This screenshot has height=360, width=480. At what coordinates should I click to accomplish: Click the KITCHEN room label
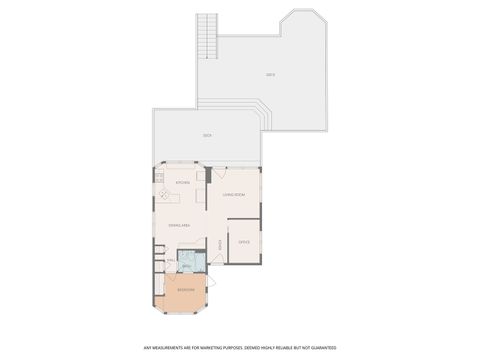183,183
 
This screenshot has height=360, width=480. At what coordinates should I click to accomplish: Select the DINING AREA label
181,227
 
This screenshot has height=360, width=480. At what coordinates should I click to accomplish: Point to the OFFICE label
244,242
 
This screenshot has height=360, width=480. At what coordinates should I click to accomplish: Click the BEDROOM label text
186,291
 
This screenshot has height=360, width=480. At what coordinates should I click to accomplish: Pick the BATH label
185,263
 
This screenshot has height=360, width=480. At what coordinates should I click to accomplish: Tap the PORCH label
220,245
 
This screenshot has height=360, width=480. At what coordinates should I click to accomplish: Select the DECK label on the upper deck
270,76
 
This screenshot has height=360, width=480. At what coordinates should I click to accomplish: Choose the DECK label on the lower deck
207,135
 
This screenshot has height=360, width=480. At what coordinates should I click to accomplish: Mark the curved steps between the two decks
262,115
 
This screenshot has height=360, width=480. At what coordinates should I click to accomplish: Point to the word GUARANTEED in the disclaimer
319,347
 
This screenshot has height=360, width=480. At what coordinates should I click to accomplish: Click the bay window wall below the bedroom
186,314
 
